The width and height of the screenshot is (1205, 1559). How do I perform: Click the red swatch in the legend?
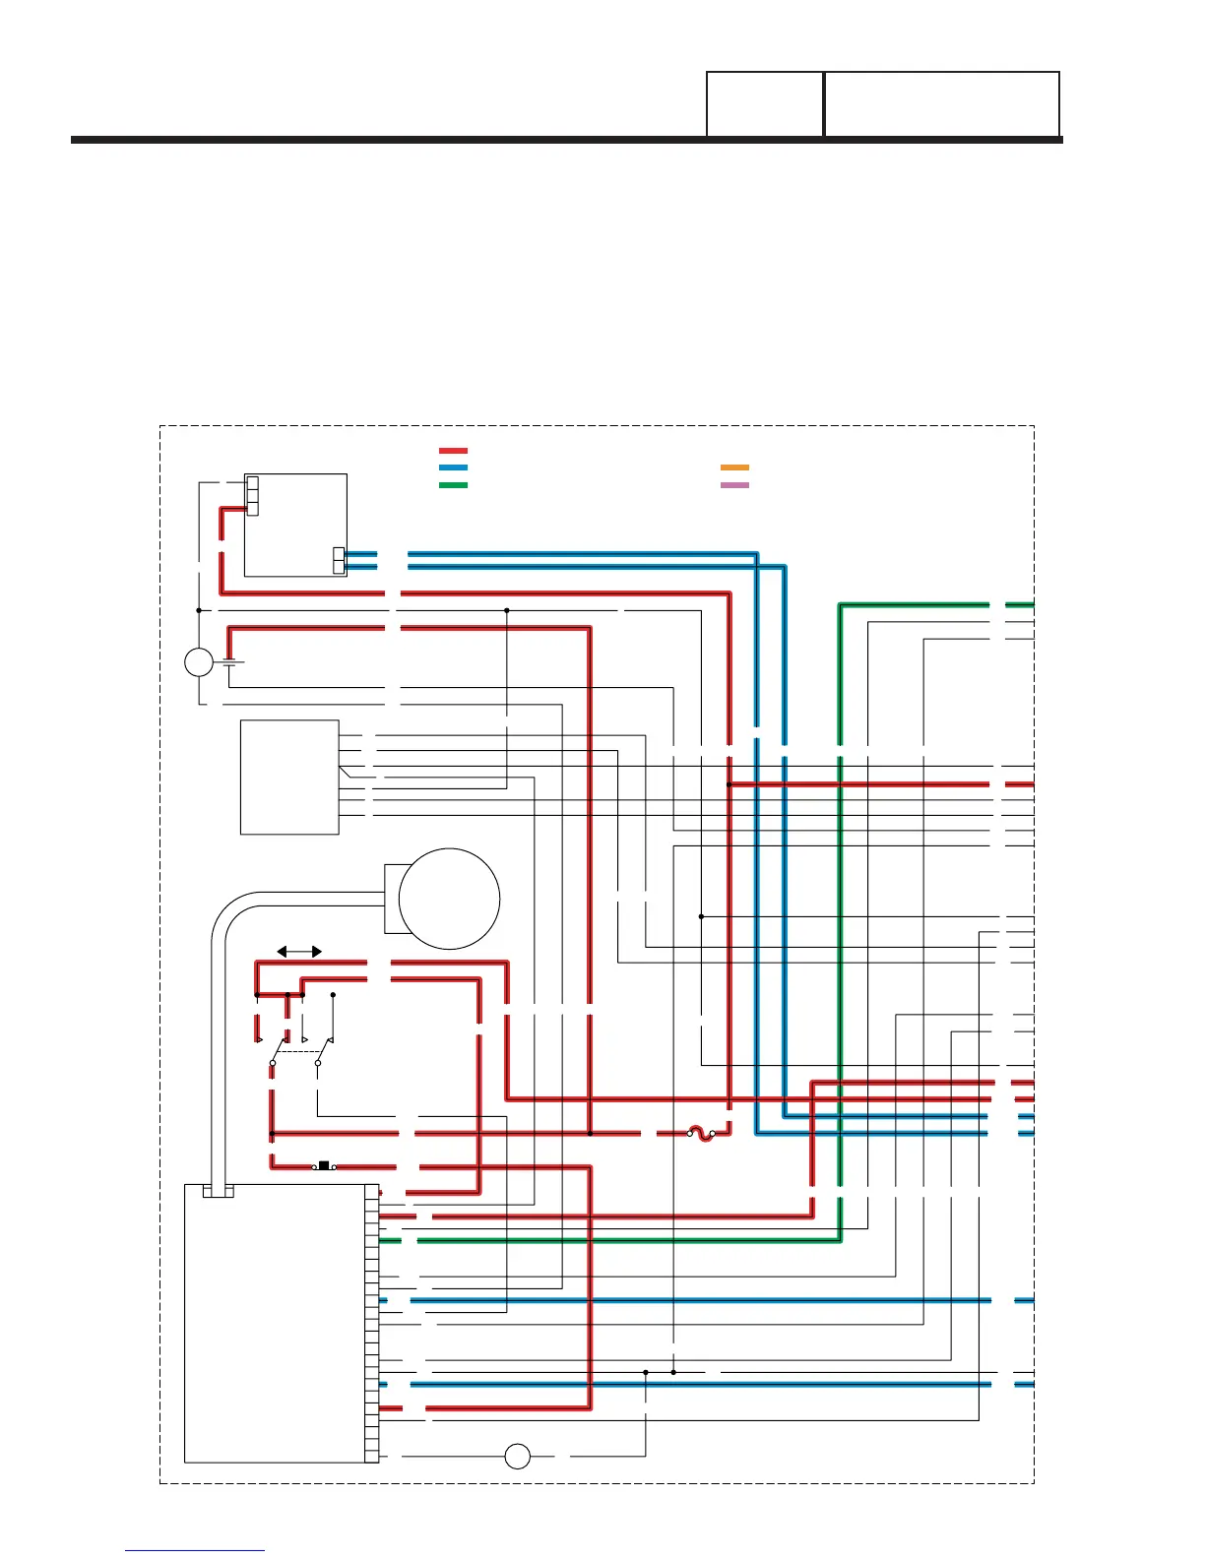coord(453,451)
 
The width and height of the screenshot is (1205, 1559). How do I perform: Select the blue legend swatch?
coord(453,468)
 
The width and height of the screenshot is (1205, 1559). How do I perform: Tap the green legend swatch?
coord(453,485)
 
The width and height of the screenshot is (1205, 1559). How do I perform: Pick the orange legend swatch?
coord(734,468)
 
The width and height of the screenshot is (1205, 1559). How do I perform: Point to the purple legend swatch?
coord(734,485)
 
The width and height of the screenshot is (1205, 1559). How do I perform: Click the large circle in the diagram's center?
coord(449,899)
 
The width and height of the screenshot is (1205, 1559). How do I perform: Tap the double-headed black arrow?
coord(299,952)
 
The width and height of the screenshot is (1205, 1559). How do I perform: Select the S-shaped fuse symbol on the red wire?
coord(701,1134)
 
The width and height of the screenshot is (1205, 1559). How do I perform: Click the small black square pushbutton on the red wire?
coord(324,1166)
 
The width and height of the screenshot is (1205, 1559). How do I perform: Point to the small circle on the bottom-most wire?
coord(517,1457)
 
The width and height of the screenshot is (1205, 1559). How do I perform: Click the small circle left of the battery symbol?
coord(199,662)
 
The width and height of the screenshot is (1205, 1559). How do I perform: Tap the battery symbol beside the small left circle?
coord(230,661)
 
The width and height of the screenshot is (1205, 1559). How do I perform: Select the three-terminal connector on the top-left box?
coord(252,496)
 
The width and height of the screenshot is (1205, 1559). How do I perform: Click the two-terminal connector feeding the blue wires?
coord(340,560)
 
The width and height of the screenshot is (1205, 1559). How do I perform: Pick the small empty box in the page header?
coord(765,103)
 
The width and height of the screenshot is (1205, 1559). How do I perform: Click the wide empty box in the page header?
coord(941,103)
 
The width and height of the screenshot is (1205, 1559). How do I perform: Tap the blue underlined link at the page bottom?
coord(195,1550)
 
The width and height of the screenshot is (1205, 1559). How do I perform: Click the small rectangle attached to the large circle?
coord(392,899)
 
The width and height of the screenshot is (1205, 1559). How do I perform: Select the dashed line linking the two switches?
coord(295,1052)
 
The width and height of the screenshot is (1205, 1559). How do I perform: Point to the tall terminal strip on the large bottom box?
coord(372,1324)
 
